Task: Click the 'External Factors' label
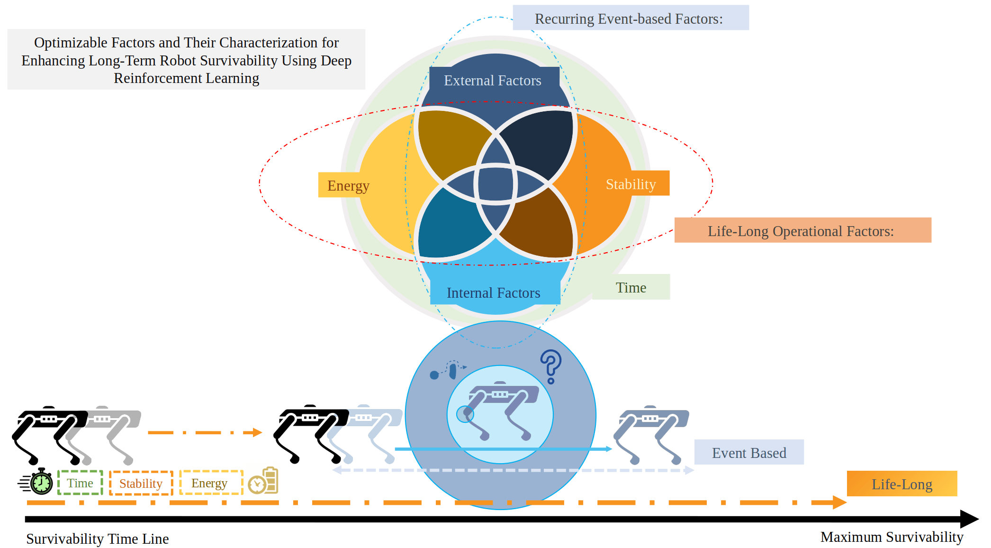point(493,81)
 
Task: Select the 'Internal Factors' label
point(494,293)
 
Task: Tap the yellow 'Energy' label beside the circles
point(348,185)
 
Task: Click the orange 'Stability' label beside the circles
point(631,184)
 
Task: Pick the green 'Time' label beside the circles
point(631,287)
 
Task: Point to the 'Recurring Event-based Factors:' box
point(630,18)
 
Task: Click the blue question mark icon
point(550,366)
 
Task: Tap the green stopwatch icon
point(41,482)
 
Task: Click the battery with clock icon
point(264,481)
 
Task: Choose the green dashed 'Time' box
point(80,483)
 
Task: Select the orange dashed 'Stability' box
point(141,484)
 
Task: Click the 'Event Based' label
point(749,453)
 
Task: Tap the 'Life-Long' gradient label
point(902,484)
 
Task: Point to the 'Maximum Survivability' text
point(892,537)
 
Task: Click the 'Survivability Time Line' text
point(98,539)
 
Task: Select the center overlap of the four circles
point(495,184)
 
